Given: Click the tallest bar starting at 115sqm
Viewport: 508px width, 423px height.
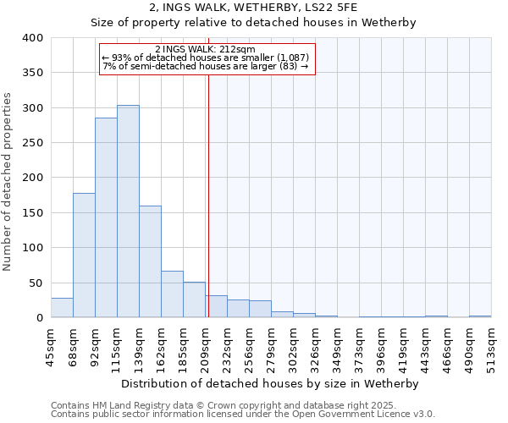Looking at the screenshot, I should pos(128,211).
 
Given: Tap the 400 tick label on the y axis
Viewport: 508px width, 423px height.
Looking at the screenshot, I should pos(32,38).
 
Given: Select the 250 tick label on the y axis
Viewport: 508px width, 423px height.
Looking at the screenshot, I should pos(32,143).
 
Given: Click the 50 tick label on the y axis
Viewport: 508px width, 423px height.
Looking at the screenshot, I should pos(36,283).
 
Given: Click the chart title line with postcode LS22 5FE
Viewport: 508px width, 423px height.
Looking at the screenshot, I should pos(253,7).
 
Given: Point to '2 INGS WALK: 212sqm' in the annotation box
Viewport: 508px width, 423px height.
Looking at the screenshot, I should pos(206,49).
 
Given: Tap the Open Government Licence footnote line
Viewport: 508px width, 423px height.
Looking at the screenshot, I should pos(243,415).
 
